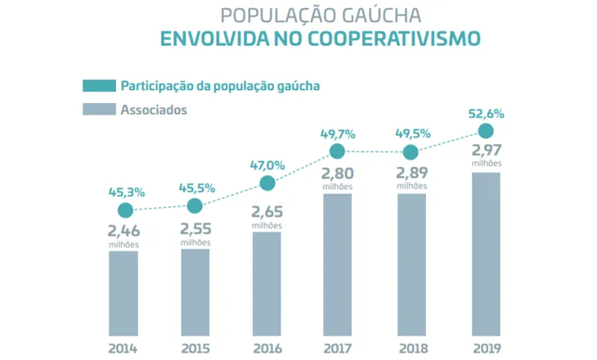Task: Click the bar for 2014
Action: pyautogui.click(x=123, y=292)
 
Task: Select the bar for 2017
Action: pyautogui.click(x=338, y=263)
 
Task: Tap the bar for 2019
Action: pyautogui.click(x=486, y=253)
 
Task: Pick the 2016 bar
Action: pyautogui.click(x=267, y=283)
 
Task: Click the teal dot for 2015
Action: pyautogui.click(x=195, y=205)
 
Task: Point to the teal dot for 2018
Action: pyautogui.click(x=411, y=152)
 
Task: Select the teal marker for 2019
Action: pyautogui.click(x=486, y=131)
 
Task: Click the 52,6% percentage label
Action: pyautogui.click(x=485, y=114)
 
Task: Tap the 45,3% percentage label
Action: pyautogui.click(x=127, y=193)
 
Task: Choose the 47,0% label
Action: pyautogui.click(x=267, y=165)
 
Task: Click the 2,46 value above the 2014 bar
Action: pyautogui.click(x=123, y=232)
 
